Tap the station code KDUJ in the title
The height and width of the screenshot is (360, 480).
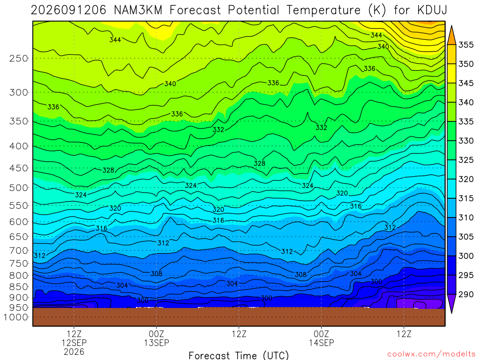[x=432, y=10]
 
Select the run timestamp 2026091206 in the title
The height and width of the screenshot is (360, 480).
[x=68, y=10]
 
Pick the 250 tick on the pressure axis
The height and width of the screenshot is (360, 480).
[x=19, y=58]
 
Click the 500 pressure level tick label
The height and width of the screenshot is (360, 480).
[x=19, y=187]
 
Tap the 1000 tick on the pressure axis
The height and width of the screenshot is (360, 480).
[x=15, y=317]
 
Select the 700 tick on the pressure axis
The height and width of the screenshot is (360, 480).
[x=19, y=251]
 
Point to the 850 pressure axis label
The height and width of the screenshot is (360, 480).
[x=19, y=287]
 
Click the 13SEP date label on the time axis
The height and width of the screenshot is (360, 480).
[x=157, y=343]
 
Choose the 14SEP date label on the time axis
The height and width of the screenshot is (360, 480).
[x=322, y=343]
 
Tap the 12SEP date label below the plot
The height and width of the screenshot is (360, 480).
[x=74, y=343]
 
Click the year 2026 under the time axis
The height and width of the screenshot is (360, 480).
[x=74, y=352]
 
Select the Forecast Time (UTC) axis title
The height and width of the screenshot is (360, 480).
[x=239, y=355]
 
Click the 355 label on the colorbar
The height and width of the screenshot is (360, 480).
[x=466, y=45]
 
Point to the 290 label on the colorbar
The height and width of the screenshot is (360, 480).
[x=466, y=294]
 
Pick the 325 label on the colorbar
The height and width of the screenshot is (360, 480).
[x=466, y=160]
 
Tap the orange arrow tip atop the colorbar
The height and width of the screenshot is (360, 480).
[x=451, y=26]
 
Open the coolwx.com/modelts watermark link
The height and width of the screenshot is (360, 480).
[x=431, y=354]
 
